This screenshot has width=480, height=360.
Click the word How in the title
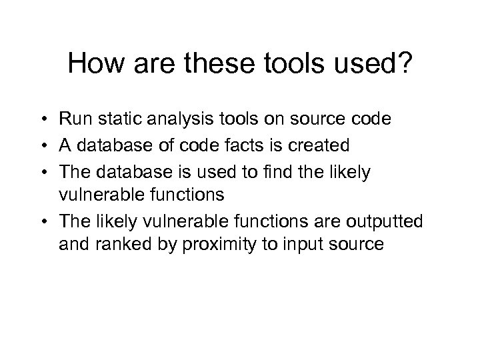(95, 65)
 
